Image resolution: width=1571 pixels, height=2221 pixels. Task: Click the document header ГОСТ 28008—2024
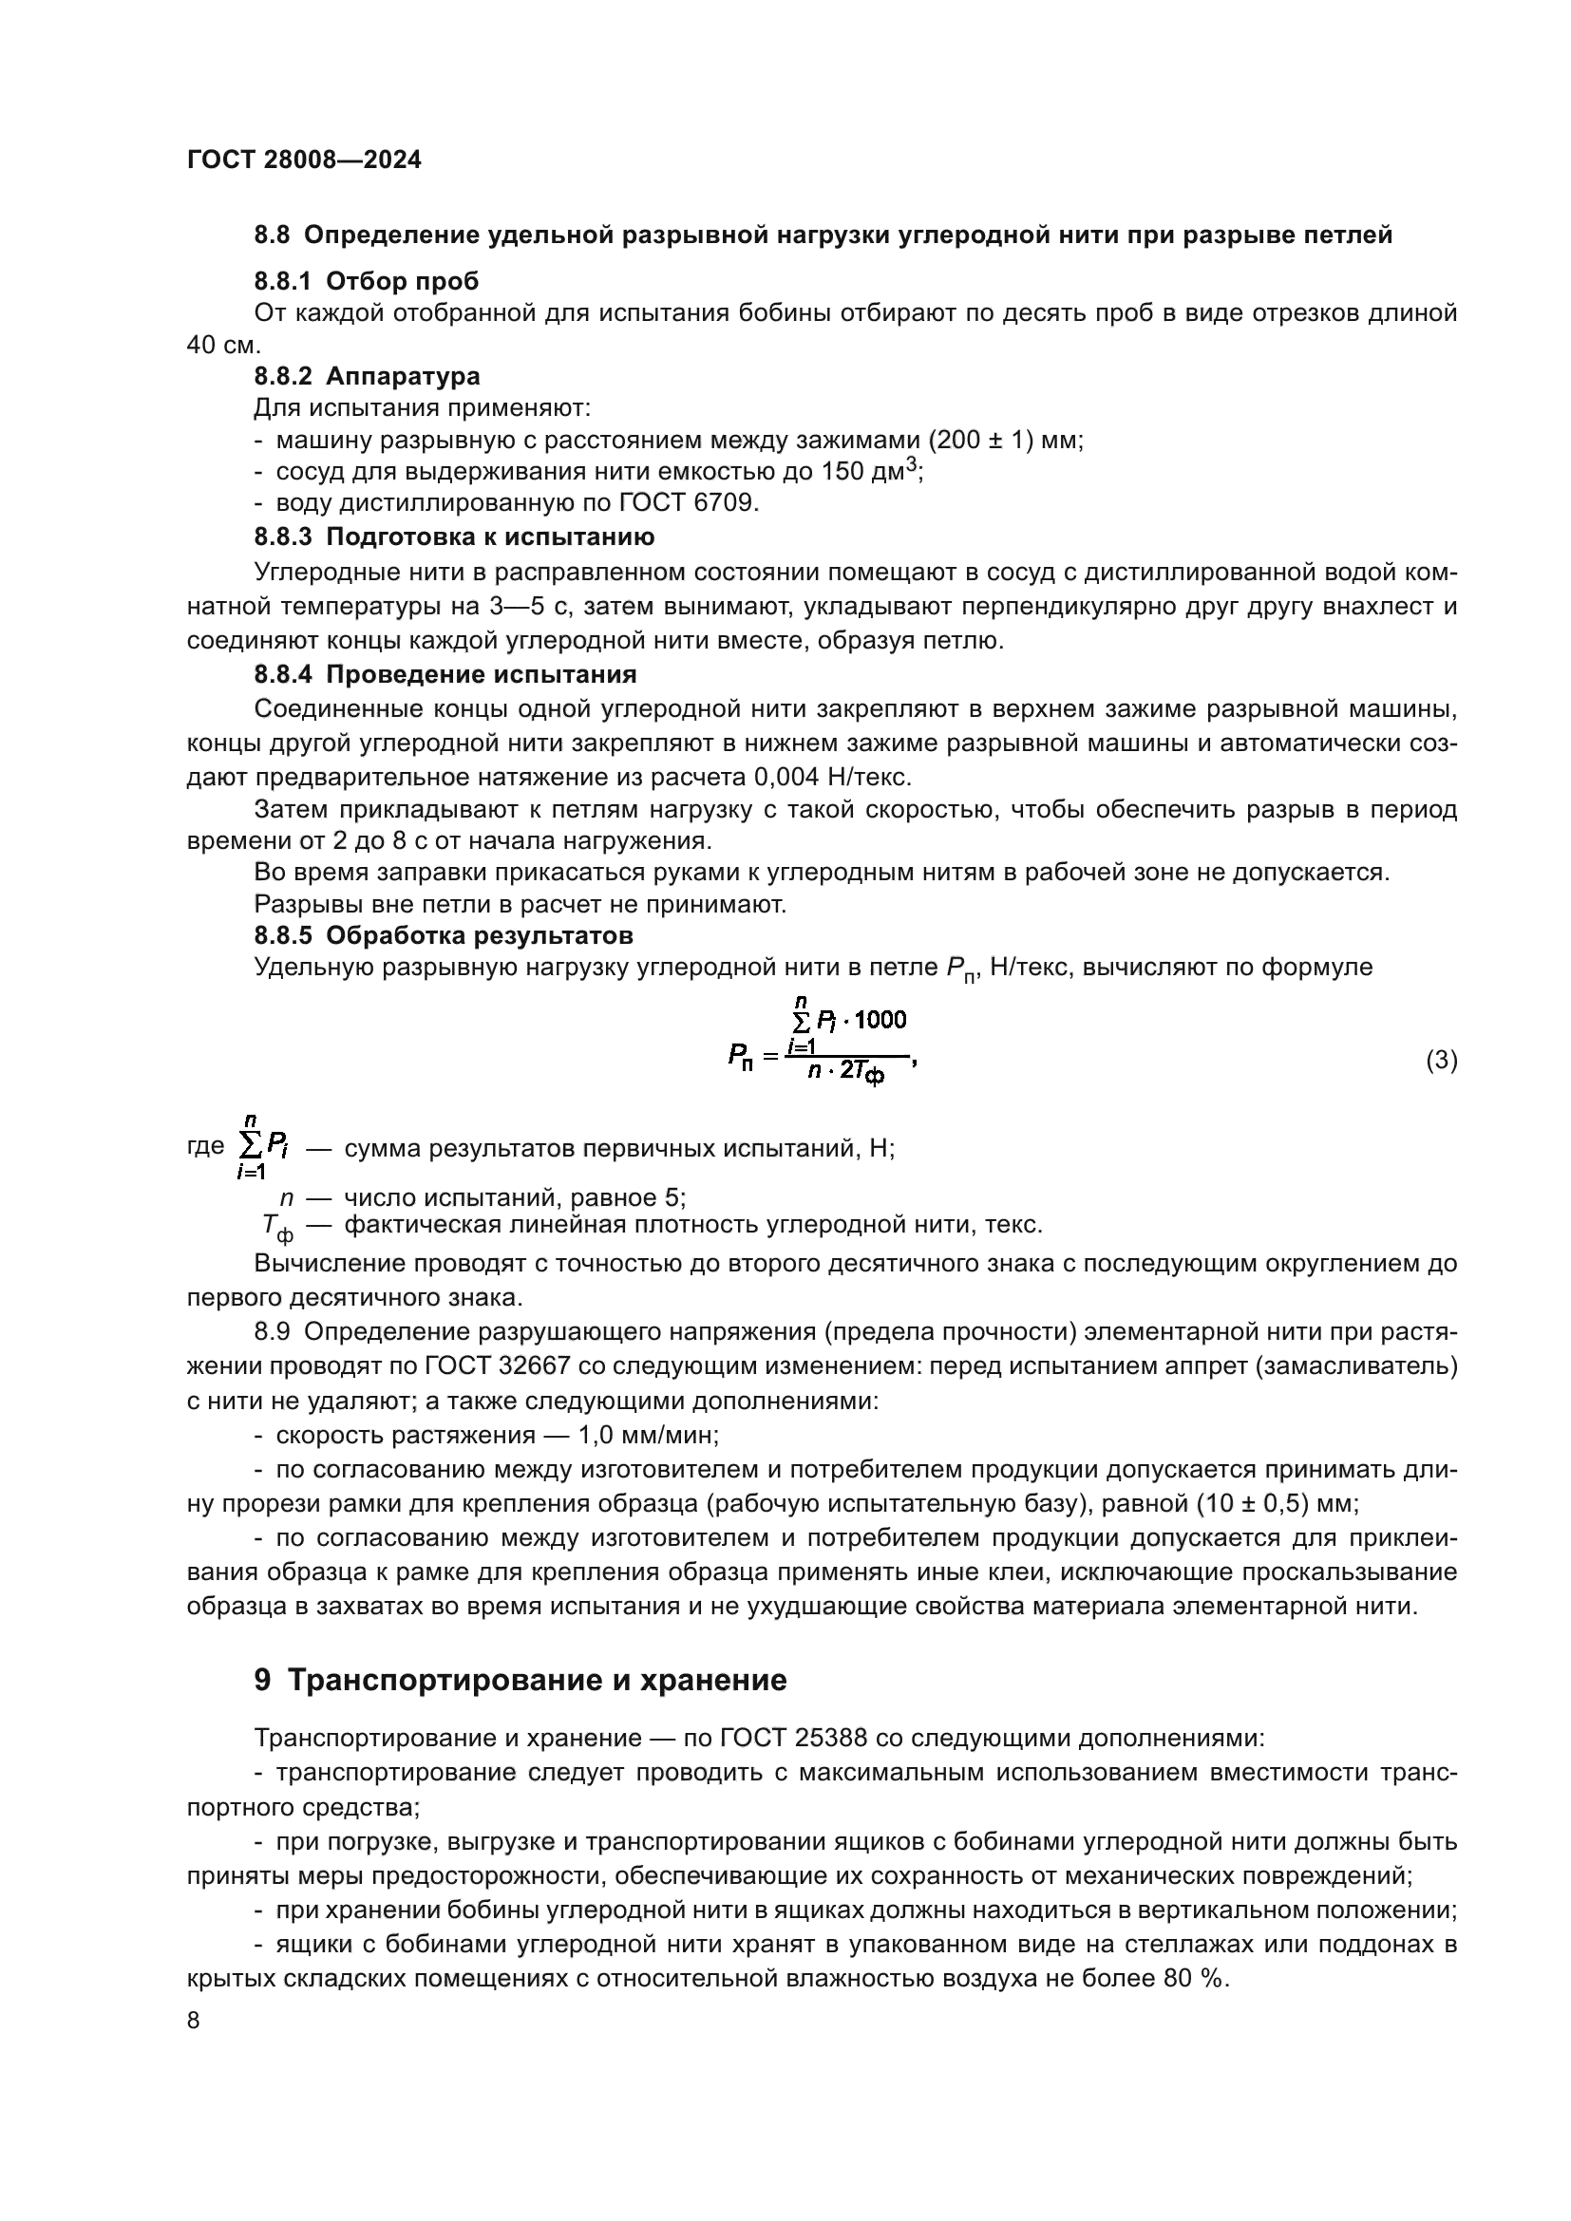coord(304,160)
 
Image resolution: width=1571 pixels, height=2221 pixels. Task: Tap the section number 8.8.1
coord(282,281)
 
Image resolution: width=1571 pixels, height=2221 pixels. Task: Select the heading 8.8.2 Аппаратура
coord(367,375)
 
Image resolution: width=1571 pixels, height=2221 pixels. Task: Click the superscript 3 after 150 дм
coord(909,465)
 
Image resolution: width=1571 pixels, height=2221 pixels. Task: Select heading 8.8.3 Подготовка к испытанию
coord(454,536)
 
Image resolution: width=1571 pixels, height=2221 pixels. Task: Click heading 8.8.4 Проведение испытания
coord(445,674)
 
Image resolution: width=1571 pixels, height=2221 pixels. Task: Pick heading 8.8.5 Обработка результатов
coord(443,935)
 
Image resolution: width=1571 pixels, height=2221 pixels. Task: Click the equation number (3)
coord(1442,1061)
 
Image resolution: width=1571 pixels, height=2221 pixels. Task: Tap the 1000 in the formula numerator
coord(880,1020)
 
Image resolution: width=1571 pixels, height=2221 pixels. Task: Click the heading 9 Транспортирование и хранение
coord(521,1681)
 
